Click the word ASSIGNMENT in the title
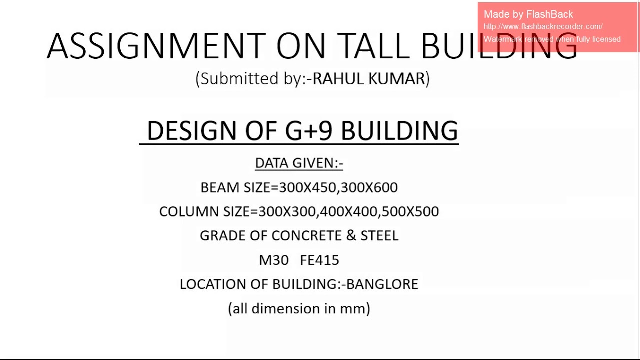click(x=156, y=46)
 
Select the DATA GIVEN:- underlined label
click(x=299, y=163)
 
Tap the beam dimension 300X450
click(x=307, y=187)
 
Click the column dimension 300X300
click(x=286, y=211)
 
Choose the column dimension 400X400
click(x=348, y=211)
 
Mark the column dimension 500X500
click(x=410, y=211)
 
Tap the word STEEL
click(x=379, y=235)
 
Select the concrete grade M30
click(x=274, y=260)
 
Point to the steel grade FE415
click(x=319, y=260)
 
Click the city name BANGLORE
click(x=382, y=284)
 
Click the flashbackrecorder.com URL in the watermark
click(x=543, y=27)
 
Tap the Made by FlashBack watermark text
click(x=528, y=14)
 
